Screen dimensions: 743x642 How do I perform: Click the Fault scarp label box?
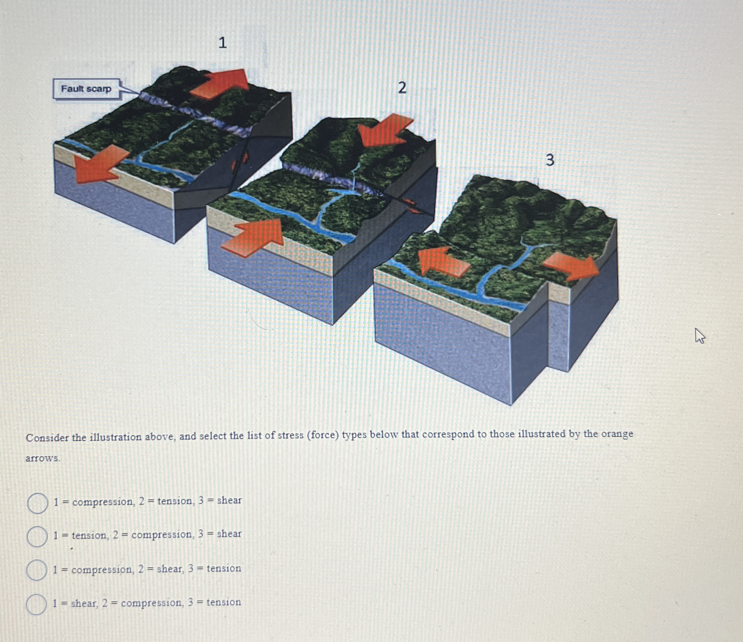coord(86,89)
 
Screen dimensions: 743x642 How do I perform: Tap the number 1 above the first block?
coord(222,42)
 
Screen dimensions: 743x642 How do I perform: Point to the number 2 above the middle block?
coord(402,87)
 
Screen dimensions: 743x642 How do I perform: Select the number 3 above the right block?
coord(550,160)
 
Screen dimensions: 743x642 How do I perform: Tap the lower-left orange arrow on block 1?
coord(100,164)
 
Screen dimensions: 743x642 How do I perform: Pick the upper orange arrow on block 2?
coord(385,130)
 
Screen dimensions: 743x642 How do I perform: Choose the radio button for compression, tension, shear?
coord(38,503)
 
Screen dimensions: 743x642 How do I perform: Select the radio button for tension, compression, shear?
coord(37,537)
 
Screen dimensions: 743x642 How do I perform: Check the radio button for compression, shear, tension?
coord(36,570)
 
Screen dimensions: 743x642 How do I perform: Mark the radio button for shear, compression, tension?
coord(36,605)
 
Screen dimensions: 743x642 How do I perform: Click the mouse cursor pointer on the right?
coord(700,336)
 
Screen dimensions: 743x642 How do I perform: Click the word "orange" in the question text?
coord(617,434)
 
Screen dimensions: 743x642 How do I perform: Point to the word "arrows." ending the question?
coord(43,458)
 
